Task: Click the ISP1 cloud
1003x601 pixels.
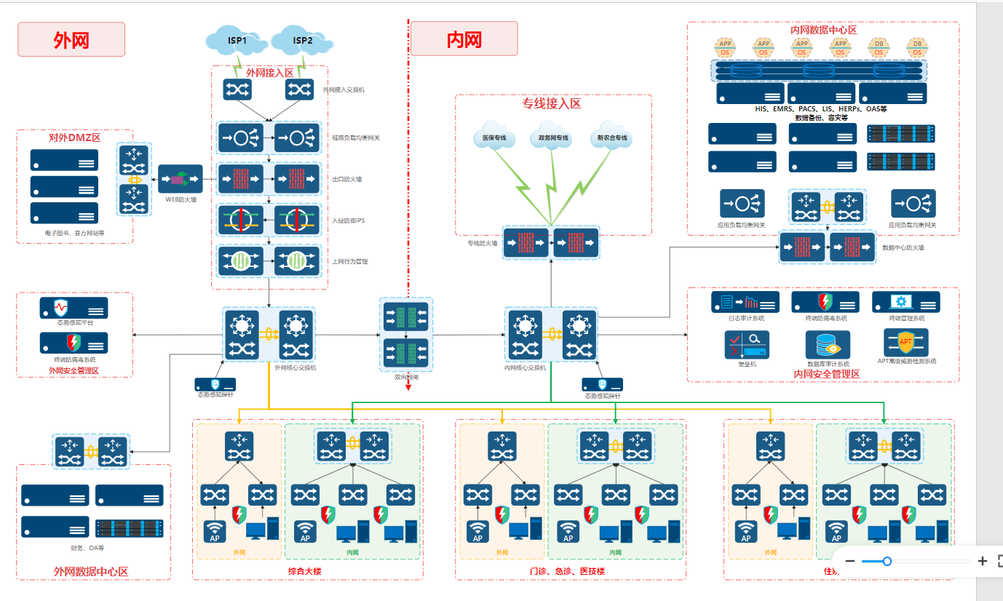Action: [237, 41]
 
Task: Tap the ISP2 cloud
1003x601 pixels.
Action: [302, 41]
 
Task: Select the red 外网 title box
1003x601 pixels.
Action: [71, 39]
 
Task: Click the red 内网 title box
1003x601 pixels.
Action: [464, 39]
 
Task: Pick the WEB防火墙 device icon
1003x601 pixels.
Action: [181, 179]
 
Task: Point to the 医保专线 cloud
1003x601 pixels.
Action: [494, 138]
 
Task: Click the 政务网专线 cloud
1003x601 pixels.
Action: [554, 138]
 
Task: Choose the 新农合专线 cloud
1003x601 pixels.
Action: [612, 138]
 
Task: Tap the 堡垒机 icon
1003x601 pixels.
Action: [746, 345]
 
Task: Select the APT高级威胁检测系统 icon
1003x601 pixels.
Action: [906, 342]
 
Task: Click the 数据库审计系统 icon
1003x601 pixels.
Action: [828, 345]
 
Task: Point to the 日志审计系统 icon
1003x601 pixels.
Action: [745, 302]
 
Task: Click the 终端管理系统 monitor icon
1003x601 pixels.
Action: [905, 302]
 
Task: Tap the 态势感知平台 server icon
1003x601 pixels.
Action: [74, 308]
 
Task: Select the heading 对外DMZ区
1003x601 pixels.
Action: [74, 138]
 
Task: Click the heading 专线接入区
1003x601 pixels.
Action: [552, 104]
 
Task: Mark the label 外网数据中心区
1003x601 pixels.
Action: [91, 572]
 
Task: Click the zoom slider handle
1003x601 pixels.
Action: [887, 561]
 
